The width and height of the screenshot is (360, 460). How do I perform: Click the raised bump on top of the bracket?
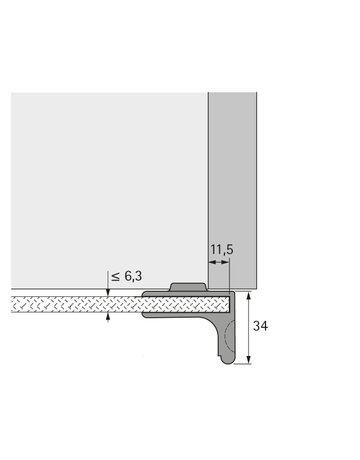click(x=189, y=287)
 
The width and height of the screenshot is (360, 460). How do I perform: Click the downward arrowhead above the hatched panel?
click(x=108, y=291)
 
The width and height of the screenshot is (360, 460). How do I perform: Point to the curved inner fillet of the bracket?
click(x=212, y=325)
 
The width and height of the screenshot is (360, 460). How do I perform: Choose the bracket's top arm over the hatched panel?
click(x=190, y=297)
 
